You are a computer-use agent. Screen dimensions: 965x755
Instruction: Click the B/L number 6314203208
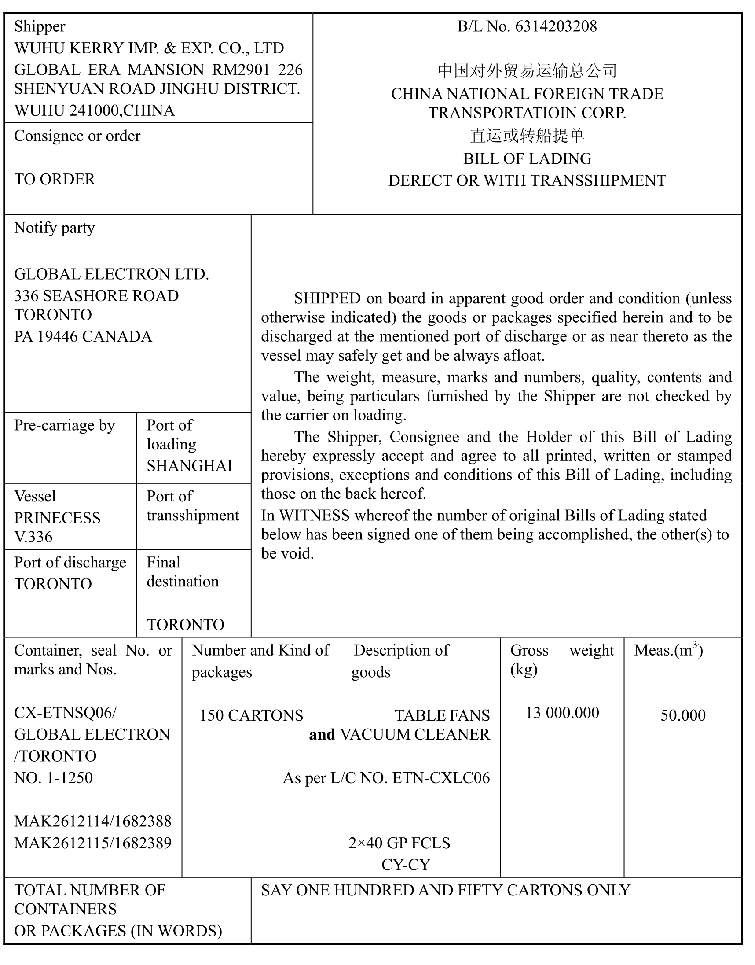(x=556, y=26)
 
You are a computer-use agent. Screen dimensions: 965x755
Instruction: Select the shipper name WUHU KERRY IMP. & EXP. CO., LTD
(x=149, y=48)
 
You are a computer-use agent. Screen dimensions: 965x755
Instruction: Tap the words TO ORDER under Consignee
(x=55, y=179)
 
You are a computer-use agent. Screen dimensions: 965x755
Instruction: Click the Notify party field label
(x=55, y=228)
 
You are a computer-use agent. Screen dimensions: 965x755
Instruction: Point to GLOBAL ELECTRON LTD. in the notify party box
(x=111, y=274)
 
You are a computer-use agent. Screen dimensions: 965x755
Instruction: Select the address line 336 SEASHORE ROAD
(x=96, y=295)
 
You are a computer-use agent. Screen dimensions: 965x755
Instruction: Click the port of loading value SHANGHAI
(x=189, y=466)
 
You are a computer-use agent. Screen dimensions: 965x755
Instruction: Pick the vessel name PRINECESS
(x=58, y=518)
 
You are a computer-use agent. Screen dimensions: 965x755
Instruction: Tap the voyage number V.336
(x=33, y=537)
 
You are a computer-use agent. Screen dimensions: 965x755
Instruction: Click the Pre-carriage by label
(x=65, y=425)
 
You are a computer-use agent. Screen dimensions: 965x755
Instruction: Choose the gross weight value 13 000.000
(x=562, y=712)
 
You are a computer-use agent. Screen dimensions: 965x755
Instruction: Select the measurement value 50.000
(x=683, y=715)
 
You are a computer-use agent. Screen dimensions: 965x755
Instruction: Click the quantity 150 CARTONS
(x=251, y=715)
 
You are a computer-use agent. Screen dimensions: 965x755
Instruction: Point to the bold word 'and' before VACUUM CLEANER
(x=322, y=734)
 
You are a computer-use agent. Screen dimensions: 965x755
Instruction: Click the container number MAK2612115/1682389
(x=93, y=843)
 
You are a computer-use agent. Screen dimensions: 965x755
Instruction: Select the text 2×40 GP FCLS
(x=399, y=843)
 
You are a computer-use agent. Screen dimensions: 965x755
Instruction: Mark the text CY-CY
(x=405, y=864)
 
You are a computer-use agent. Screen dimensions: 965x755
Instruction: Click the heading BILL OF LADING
(x=527, y=159)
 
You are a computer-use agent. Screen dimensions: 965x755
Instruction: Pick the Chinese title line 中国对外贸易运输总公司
(x=527, y=71)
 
